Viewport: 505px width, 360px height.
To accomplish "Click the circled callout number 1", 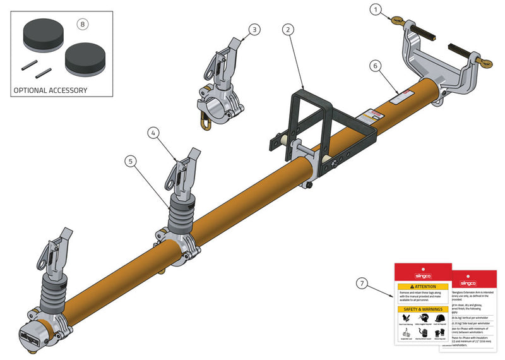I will point(376,9).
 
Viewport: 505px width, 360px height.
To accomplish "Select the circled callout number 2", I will point(288,29).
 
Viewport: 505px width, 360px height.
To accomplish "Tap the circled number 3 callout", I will point(254,29).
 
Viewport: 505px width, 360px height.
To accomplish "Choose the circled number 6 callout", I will point(375,65).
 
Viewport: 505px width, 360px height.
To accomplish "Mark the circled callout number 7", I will point(360,283).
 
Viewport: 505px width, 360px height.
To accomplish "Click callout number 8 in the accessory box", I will point(81,24).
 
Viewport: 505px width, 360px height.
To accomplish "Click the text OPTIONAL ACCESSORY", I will point(50,90).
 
